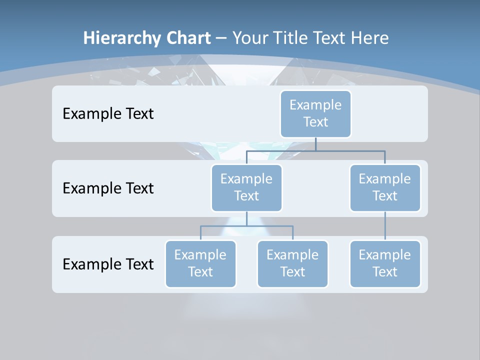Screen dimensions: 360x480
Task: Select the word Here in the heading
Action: coord(370,38)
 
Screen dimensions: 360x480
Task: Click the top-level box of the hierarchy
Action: coord(315,114)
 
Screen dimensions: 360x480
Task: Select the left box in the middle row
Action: coord(246,188)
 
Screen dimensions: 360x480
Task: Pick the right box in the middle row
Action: coord(385,188)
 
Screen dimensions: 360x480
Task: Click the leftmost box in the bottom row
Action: coord(200,264)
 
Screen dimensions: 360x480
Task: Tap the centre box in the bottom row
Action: coord(292,264)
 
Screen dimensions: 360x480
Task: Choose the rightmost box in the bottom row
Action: coord(385,264)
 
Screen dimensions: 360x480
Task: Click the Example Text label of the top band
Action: coord(108,114)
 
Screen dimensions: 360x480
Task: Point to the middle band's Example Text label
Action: coord(108,188)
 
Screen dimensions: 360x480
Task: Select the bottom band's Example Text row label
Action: coord(108,264)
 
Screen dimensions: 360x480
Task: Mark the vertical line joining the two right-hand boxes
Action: coord(385,226)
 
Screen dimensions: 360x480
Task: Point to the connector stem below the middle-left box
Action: coord(246,219)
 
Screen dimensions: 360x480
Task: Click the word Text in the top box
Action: coord(315,122)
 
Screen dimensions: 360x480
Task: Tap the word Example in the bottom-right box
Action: coord(384,255)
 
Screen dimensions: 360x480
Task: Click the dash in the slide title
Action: coord(220,38)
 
